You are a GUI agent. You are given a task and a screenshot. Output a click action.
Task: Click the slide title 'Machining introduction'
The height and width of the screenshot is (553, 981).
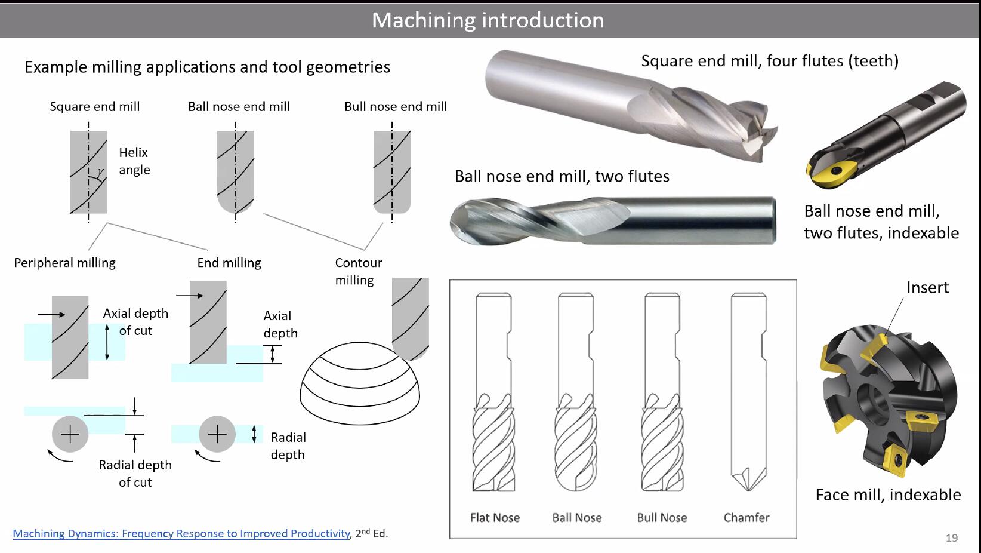click(x=488, y=20)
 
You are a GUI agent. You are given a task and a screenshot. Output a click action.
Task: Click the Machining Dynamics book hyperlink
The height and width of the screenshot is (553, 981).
click(x=181, y=533)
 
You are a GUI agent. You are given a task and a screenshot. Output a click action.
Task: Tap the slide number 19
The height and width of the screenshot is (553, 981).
click(x=951, y=537)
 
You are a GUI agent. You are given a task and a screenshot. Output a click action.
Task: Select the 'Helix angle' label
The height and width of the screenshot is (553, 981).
click(x=134, y=161)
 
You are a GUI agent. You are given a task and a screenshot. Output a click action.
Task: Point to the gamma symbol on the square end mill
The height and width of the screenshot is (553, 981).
click(x=100, y=172)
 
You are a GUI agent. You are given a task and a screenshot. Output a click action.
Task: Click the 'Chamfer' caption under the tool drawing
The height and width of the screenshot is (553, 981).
click(x=746, y=517)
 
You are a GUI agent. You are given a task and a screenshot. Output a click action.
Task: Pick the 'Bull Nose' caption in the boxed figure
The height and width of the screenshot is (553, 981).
click(x=662, y=517)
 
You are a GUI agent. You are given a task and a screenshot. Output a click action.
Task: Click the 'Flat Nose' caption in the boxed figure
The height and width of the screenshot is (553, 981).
click(x=495, y=517)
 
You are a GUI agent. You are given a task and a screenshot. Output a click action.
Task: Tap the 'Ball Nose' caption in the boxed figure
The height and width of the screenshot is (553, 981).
click(x=577, y=517)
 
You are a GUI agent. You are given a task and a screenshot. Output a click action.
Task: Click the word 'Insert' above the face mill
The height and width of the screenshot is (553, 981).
click(x=927, y=287)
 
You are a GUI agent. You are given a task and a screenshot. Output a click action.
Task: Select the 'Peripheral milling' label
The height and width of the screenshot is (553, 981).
click(x=64, y=263)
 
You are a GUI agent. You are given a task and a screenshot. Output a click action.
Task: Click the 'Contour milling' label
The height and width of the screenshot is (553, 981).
click(x=358, y=271)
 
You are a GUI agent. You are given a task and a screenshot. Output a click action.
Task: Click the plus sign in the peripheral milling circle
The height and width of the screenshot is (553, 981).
click(x=70, y=434)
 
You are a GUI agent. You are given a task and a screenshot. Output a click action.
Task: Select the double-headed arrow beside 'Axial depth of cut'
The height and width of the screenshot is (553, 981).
click(x=107, y=342)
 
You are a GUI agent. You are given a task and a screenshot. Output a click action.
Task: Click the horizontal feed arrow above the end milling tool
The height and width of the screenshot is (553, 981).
click(x=190, y=296)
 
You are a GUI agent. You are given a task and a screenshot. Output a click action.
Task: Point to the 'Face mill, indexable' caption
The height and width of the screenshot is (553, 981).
click(x=888, y=494)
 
